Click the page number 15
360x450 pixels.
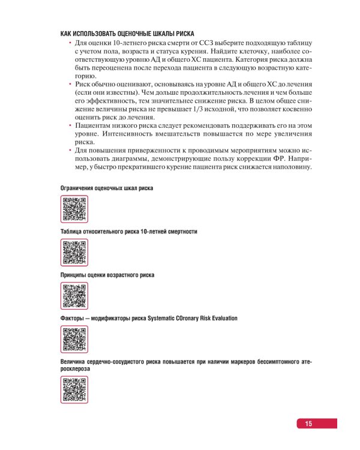tap(308, 424)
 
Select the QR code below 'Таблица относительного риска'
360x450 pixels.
tap(74, 252)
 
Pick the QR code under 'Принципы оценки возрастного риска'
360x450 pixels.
tap(74, 295)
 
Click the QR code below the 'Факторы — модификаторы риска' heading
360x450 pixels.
tap(74, 339)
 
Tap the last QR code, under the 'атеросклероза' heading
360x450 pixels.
tap(74, 389)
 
